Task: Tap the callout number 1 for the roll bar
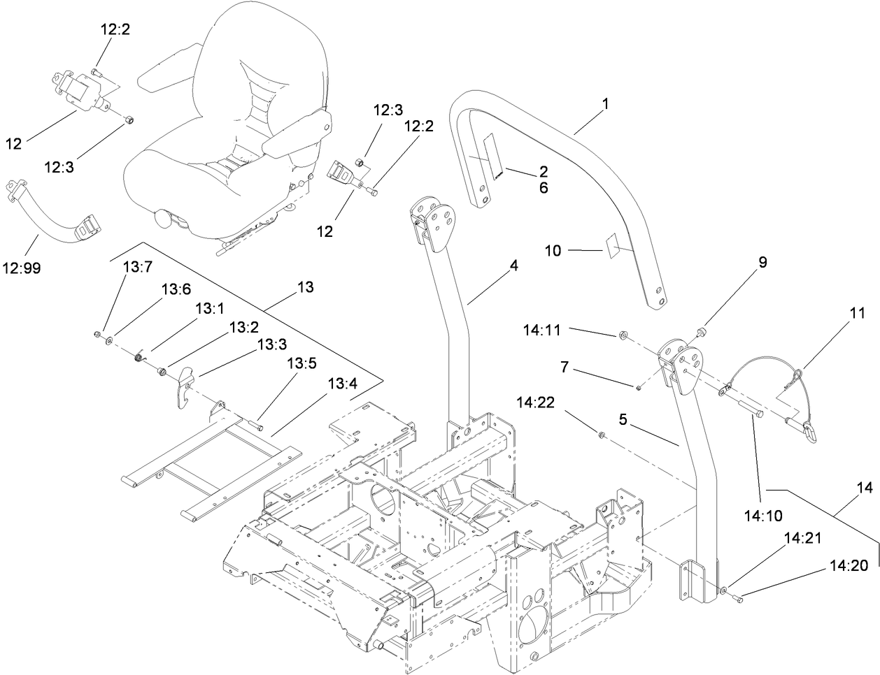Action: coord(606,103)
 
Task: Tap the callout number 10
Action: coord(553,249)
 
